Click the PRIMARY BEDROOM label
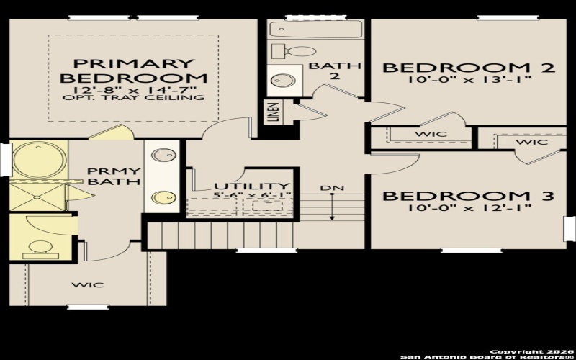[x=134, y=70]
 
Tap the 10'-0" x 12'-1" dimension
[x=467, y=208]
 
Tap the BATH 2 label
[x=335, y=71]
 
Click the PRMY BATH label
[x=113, y=176]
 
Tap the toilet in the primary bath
[x=37, y=248]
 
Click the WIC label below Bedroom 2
[x=430, y=134]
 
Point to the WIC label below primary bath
[x=87, y=284]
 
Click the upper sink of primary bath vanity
[x=165, y=154]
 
